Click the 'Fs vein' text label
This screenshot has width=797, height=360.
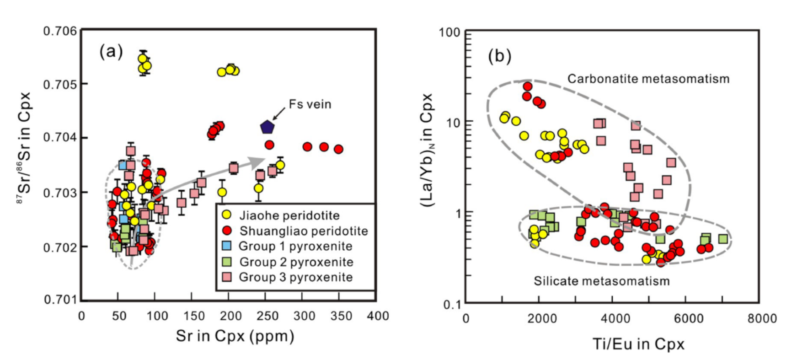point(310,104)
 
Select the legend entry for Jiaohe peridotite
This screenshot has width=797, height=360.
point(289,215)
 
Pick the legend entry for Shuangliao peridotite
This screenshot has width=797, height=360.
point(303,231)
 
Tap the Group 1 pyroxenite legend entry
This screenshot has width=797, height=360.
point(295,246)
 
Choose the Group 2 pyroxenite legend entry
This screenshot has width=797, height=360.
point(296,262)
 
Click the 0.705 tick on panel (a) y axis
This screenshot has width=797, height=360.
point(59,84)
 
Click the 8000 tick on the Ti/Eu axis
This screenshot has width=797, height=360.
point(762,318)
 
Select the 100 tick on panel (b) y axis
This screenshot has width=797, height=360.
point(450,32)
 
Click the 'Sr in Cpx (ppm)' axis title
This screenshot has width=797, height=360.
point(235,337)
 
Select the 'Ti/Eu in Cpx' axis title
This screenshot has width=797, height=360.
point(638,344)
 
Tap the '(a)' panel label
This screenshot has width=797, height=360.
point(111,52)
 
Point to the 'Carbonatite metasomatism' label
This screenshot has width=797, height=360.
point(648,79)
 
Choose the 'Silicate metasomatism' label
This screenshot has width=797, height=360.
point(601,281)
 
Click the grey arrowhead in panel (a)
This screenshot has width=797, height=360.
point(258,161)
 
